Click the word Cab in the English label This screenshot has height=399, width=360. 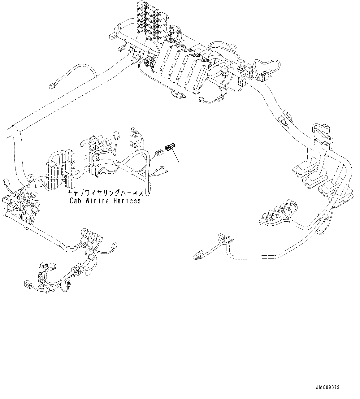tap(75, 201)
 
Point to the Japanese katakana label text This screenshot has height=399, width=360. tap(105, 193)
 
